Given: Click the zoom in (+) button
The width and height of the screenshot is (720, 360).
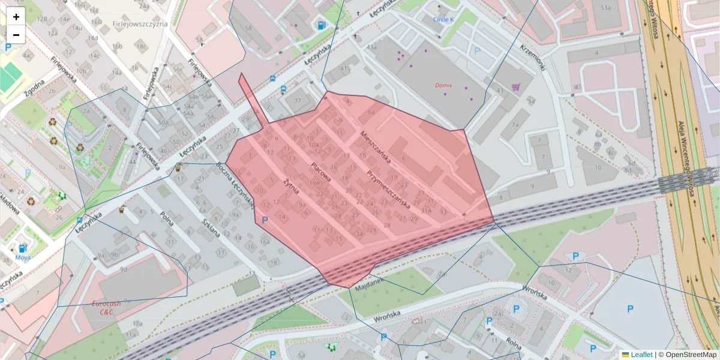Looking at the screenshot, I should tap(16, 17).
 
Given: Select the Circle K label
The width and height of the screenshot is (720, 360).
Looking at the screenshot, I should tap(443, 19).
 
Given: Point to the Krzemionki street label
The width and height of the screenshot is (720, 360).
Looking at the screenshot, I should tap(532, 57).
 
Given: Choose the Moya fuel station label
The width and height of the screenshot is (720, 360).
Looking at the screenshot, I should tap(23, 257).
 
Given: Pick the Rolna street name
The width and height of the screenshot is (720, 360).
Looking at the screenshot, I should tap(513, 344).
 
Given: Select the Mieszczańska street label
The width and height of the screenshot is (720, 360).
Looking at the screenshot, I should tap(375, 148).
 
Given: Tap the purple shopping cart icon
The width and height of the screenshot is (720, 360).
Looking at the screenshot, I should tap(515, 87).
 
